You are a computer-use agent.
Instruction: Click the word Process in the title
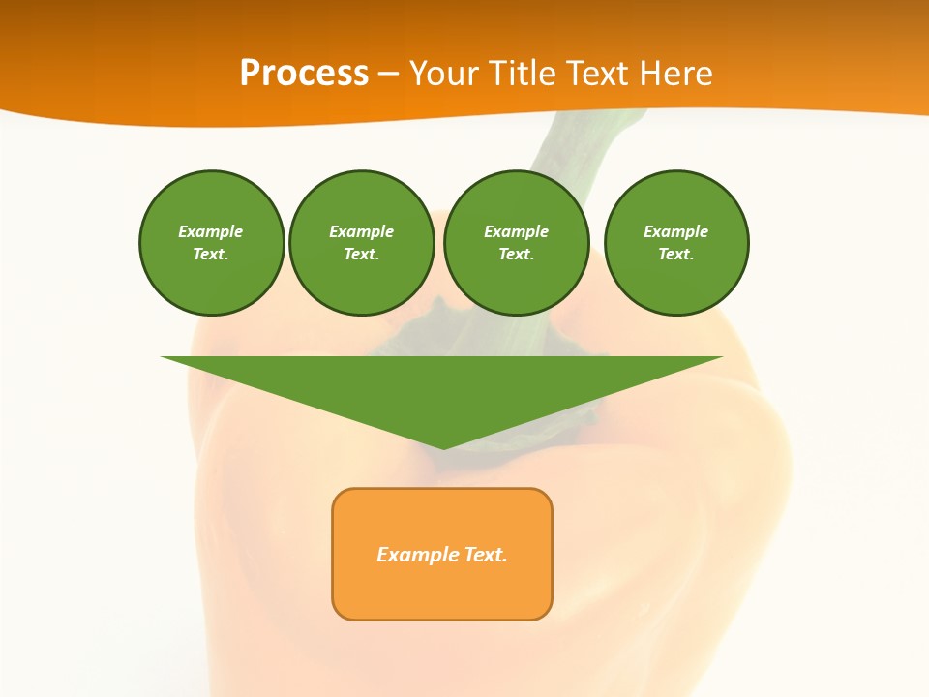(x=304, y=74)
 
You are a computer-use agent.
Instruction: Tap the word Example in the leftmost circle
(x=211, y=231)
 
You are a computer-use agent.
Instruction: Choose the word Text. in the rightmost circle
(x=676, y=254)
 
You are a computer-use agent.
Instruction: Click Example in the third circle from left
(x=516, y=231)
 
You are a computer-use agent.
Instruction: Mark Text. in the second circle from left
(x=361, y=254)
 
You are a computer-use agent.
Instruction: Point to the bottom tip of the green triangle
(x=443, y=446)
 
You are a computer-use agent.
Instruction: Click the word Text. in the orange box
(x=486, y=555)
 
